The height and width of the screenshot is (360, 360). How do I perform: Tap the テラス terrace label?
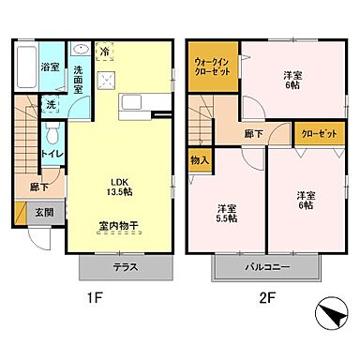(126, 267)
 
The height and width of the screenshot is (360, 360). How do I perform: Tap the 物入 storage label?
(198, 160)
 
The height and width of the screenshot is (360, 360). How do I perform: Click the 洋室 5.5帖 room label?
(225, 213)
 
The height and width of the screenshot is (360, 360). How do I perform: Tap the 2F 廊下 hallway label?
(252, 134)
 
